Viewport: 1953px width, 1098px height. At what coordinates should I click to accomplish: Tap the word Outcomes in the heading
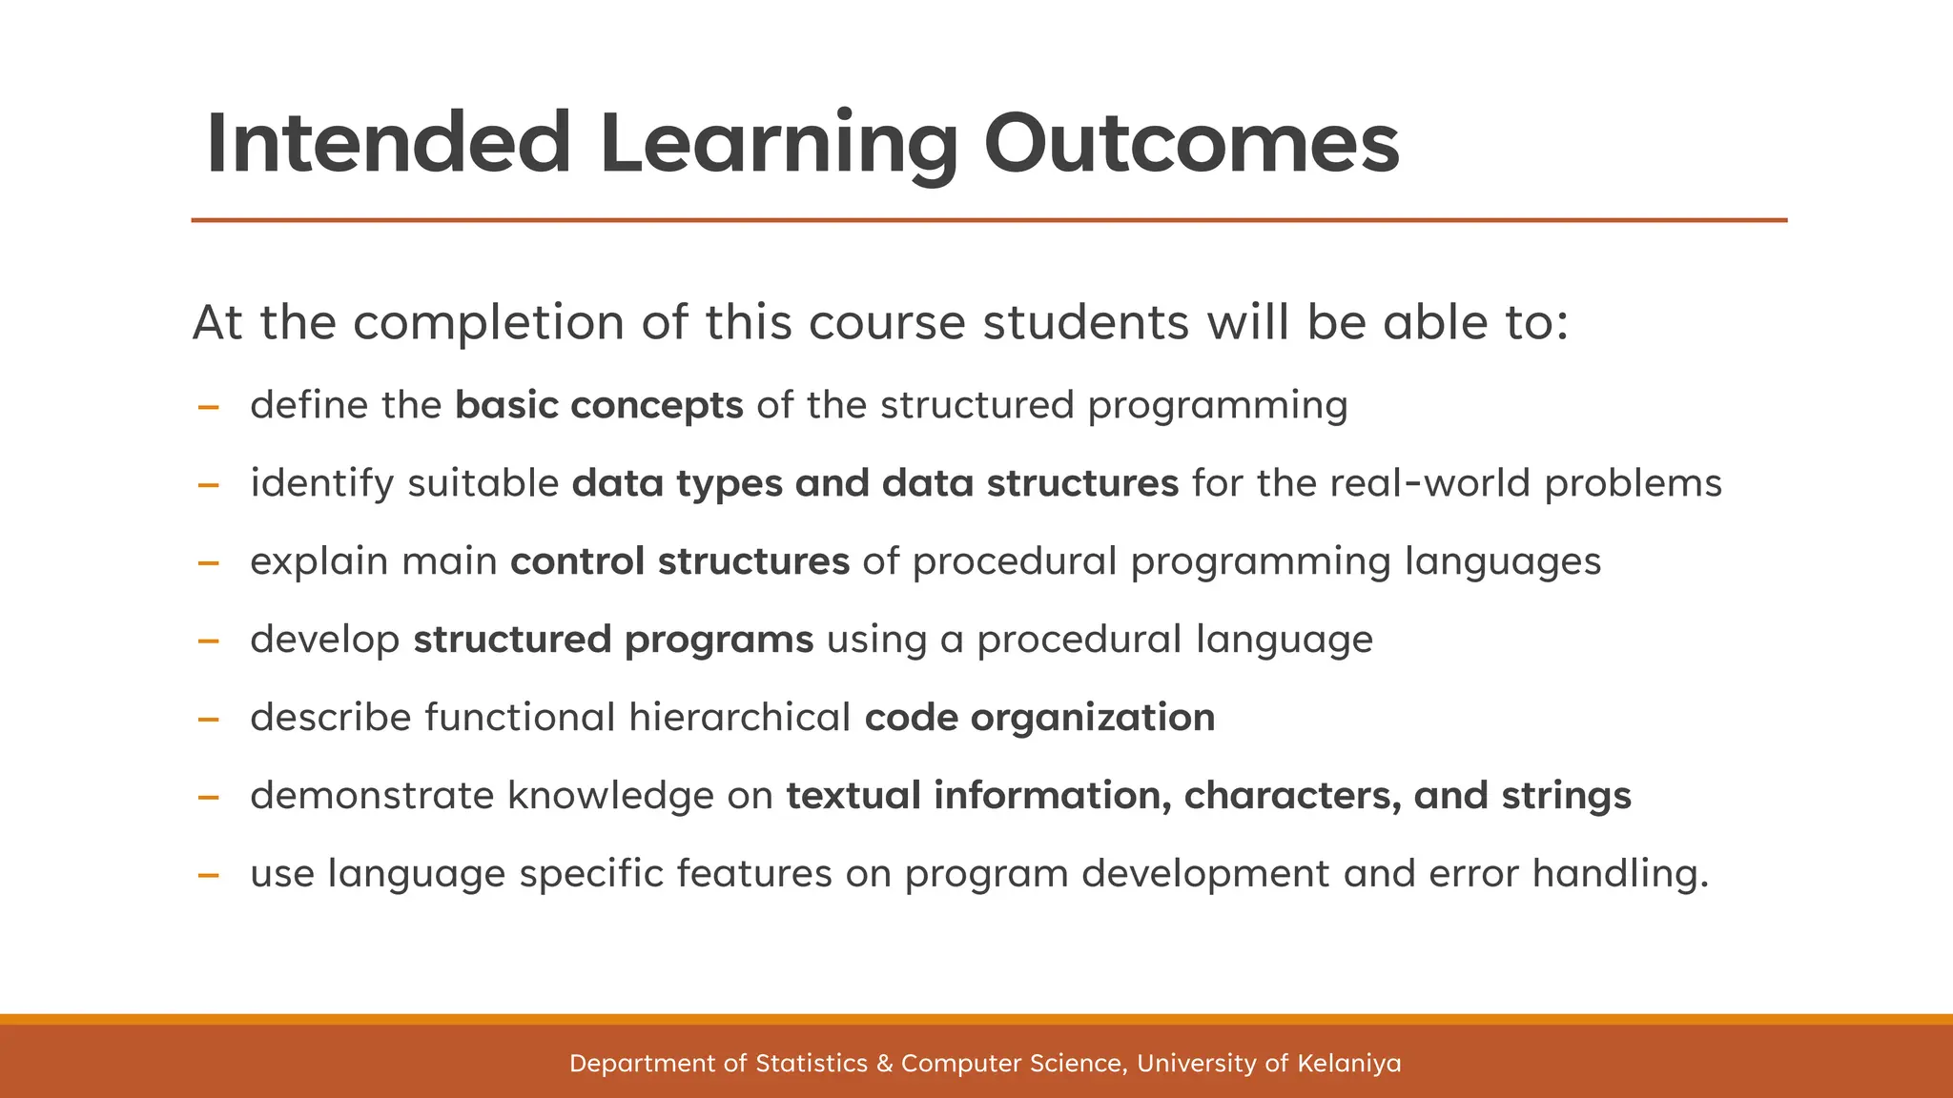[x=1191, y=144]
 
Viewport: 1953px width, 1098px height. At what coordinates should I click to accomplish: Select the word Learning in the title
[x=778, y=144]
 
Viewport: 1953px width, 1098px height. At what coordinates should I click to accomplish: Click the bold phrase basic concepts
[x=599, y=406]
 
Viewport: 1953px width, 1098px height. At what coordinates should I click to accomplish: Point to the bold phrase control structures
[x=679, y=561]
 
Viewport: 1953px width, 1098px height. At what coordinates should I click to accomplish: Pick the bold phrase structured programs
[x=613, y=640]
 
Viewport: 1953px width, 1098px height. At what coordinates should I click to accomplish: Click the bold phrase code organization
[x=1039, y=718]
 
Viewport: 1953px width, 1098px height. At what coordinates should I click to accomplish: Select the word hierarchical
[x=740, y=718]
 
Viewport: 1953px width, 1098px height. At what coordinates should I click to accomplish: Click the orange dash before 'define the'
[x=208, y=408]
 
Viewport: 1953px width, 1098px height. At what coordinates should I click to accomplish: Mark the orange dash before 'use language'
[x=208, y=875]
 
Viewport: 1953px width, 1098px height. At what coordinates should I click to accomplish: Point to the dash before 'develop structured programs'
[x=208, y=641]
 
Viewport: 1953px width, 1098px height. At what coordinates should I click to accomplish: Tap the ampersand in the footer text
[x=884, y=1064]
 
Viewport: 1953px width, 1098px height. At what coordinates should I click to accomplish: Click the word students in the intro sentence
[x=1086, y=322]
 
